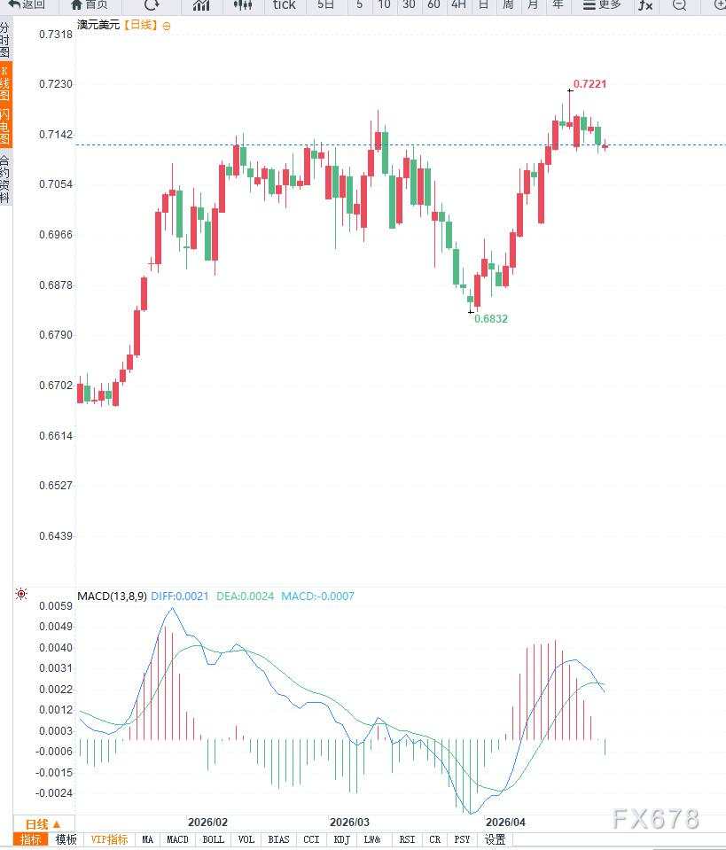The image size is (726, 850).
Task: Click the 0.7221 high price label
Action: point(589,84)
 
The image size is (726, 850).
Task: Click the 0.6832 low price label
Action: point(491,318)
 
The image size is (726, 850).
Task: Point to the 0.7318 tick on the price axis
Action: point(56,35)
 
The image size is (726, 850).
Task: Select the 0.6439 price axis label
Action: point(56,536)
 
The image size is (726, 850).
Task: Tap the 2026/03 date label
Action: point(349,823)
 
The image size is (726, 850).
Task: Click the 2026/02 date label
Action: point(207,823)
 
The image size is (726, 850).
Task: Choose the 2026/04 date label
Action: point(506,823)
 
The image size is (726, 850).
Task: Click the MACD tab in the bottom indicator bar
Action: point(177,839)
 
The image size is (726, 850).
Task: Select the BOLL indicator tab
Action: point(213,839)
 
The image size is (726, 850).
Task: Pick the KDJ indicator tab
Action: point(342,839)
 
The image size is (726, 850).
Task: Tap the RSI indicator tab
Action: point(407,839)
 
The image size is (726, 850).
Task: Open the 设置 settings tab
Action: point(495,839)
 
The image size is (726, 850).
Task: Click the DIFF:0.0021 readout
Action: point(180,597)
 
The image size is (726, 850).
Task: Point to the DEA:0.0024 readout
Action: point(245,597)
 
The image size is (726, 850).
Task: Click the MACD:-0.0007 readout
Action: point(317,597)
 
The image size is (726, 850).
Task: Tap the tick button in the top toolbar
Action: point(284,5)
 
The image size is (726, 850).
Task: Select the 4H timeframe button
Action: point(458,5)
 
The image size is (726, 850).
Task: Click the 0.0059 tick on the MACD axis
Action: point(56,606)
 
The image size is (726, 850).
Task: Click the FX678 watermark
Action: point(656,818)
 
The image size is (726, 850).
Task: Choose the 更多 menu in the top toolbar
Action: point(602,5)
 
